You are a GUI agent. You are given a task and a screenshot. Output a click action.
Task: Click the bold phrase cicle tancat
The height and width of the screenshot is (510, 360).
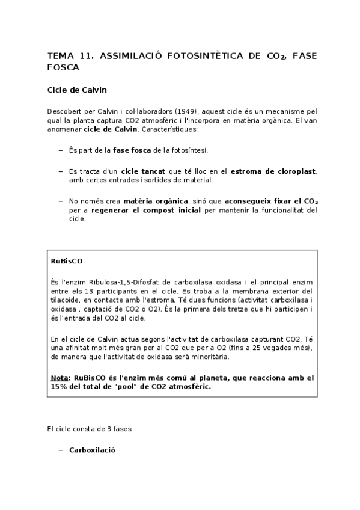(x=144, y=171)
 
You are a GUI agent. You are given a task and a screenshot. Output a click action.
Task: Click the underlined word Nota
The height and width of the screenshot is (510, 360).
(x=59, y=378)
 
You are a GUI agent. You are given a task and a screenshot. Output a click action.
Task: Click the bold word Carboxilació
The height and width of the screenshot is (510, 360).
(x=92, y=449)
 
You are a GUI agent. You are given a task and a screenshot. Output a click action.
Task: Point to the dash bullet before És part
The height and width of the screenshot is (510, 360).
(x=60, y=150)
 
